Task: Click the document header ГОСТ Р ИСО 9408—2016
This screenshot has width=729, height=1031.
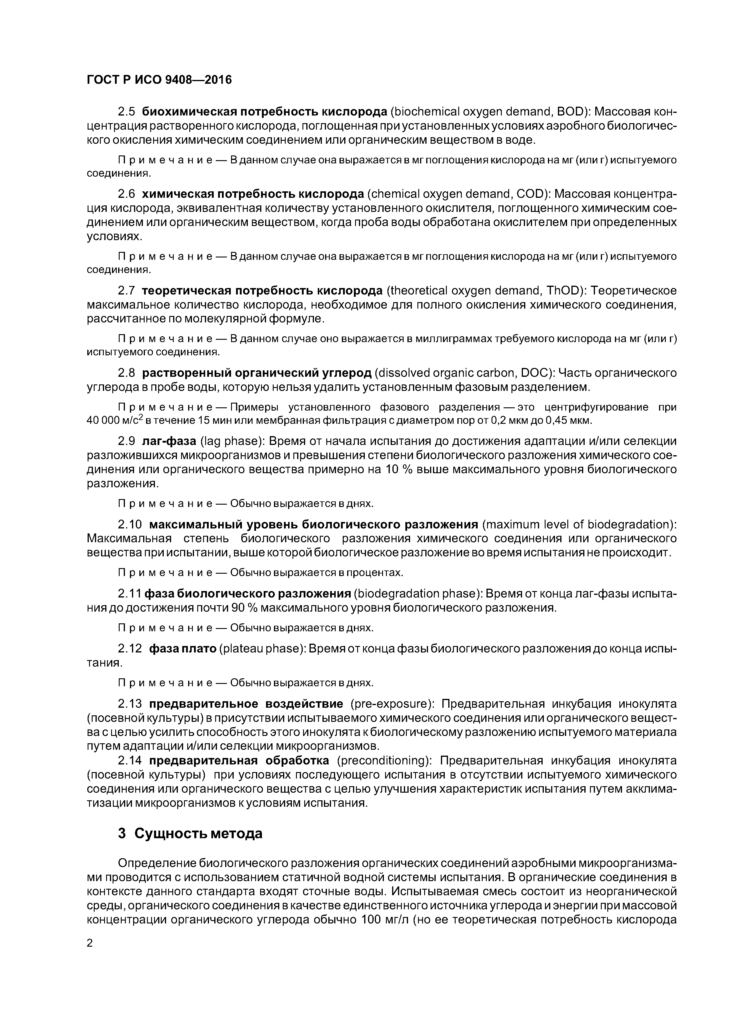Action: pyautogui.click(x=159, y=80)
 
